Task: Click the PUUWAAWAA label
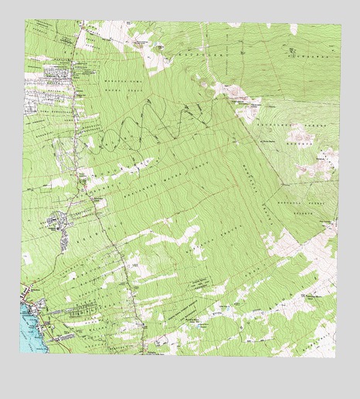[x=301, y=56]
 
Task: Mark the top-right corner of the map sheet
[x=341, y=25]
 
